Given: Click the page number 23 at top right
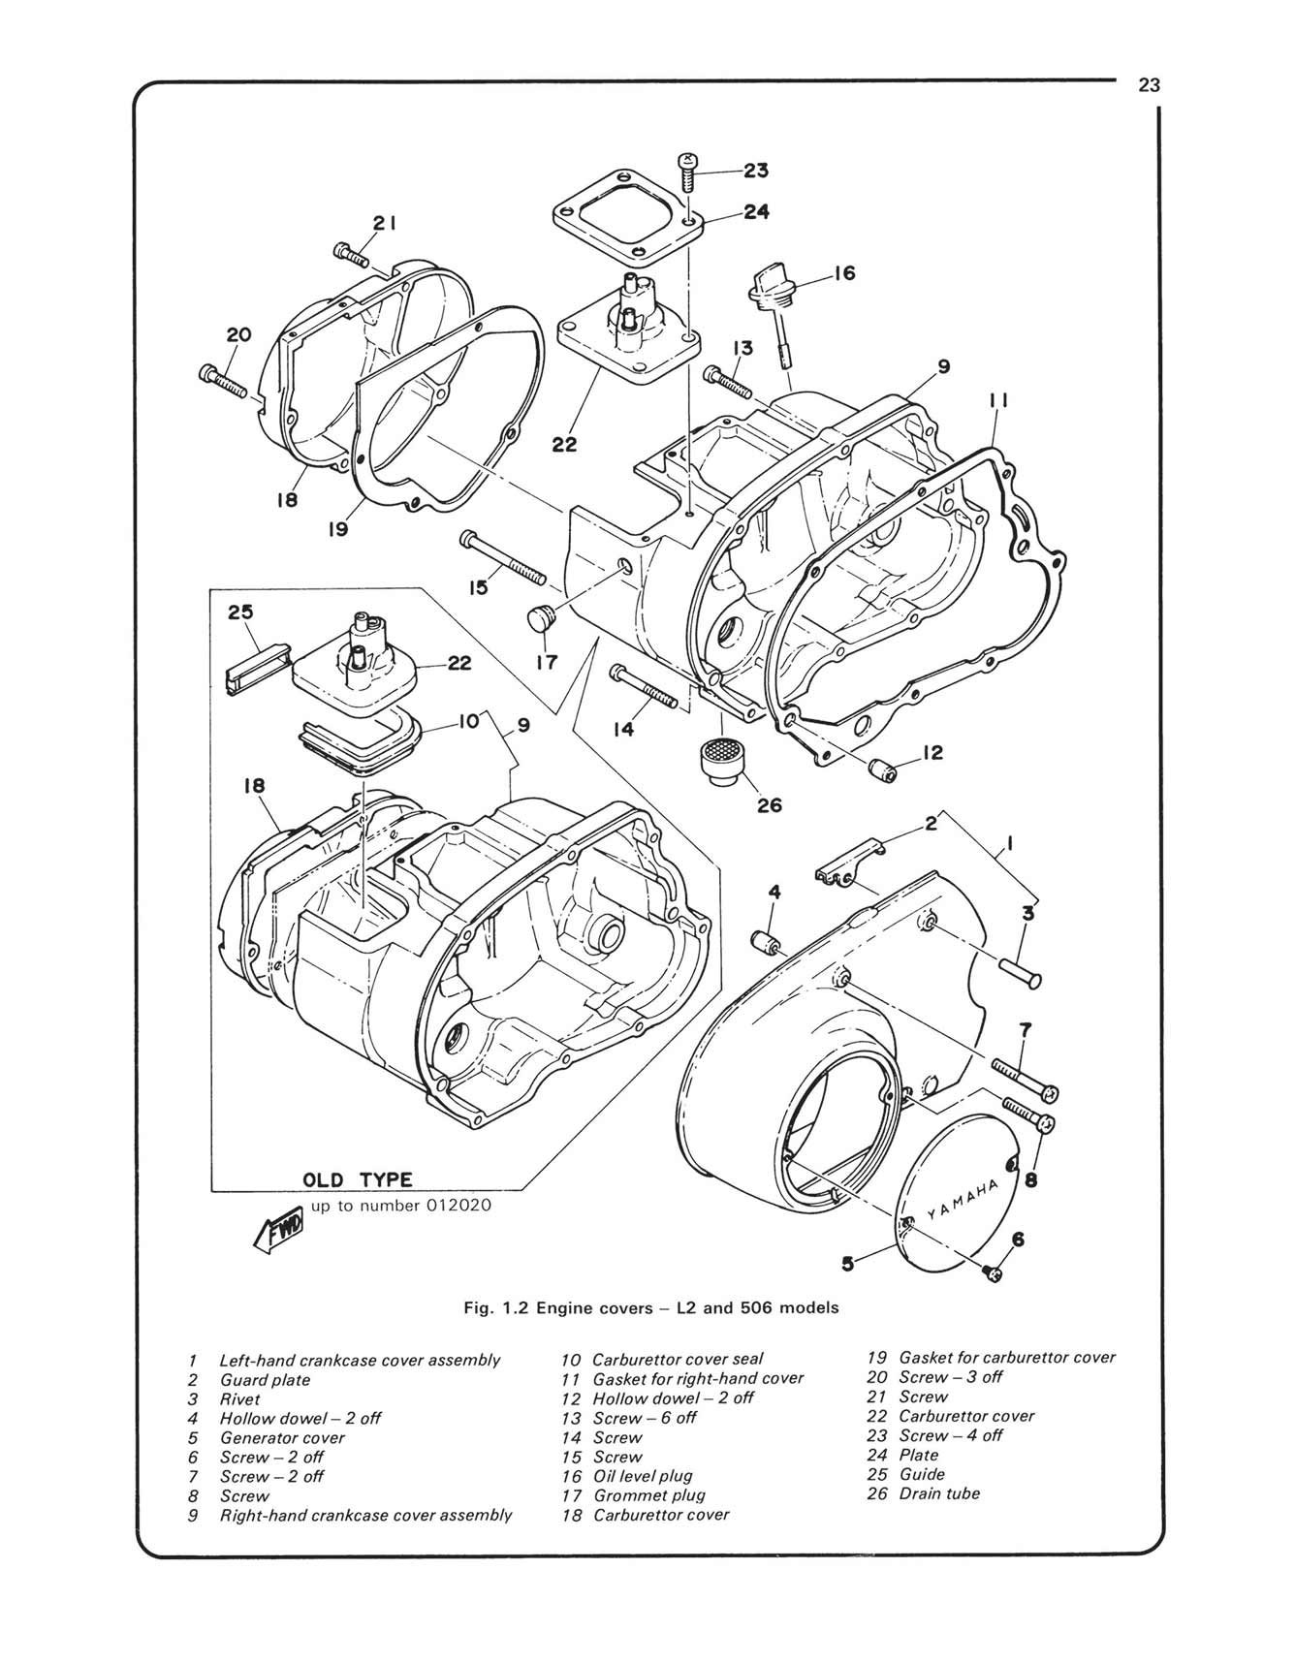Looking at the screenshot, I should point(1149,85).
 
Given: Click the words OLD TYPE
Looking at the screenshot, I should point(358,1179).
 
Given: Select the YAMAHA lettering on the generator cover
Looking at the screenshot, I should point(963,1198).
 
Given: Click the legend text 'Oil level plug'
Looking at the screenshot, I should point(643,1476).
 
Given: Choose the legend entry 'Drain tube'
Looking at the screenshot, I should point(939,1493).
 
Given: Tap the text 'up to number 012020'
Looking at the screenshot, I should point(401,1206).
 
